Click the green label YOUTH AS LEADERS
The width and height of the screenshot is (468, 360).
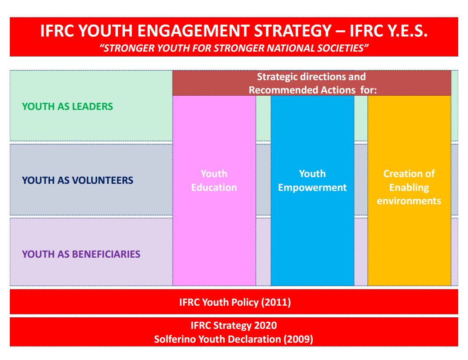pos(68,106)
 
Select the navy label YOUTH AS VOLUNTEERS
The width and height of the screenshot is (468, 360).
pos(77,180)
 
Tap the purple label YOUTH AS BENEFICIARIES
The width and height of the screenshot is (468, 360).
pos(81,254)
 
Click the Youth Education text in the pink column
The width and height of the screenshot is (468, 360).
pos(214,181)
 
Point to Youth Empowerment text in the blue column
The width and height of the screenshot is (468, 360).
pos(312,181)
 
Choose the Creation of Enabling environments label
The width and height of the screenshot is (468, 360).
pos(409,187)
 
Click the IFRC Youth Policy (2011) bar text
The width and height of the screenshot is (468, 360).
pos(235,302)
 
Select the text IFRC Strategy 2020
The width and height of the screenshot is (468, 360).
pos(234,325)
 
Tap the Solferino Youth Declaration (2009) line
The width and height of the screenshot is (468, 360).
pos(234,339)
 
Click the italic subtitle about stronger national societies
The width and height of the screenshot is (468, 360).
pos(234,48)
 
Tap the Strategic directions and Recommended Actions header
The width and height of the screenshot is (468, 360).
pos(312,83)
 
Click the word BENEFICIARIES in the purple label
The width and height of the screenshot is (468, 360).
pos(106,254)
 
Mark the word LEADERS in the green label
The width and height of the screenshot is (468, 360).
pos(93,106)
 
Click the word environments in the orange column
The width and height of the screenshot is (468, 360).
pos(409,201)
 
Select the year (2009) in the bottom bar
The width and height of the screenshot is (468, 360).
pos(298,339)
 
